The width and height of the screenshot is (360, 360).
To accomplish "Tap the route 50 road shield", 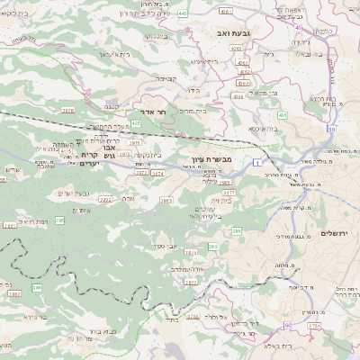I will coord(332,130).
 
